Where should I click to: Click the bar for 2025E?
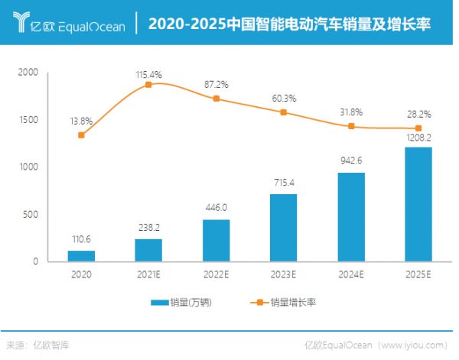(x=418, y=204)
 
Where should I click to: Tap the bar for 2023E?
(x=283, y=227)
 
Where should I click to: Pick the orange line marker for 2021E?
(x=148, y=84)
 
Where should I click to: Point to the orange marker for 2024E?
(x=350, y=126)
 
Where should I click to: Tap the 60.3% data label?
(x=283, y=98)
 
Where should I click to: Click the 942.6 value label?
(x=350, y=161)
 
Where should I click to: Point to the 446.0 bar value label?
(x=215, y=207)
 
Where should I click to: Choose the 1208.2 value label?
(x=418, y=139)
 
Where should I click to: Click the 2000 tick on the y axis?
(x=28, y=73)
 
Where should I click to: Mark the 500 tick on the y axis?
(x=31, y=214)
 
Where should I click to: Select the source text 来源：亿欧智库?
(x=34, y=345)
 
